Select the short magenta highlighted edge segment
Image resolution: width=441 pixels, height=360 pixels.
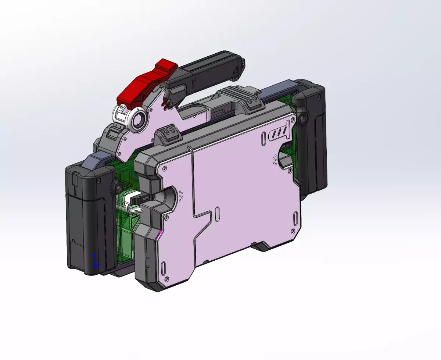pos(160,235)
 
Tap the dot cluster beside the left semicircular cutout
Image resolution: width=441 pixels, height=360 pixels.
pos(181,195)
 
